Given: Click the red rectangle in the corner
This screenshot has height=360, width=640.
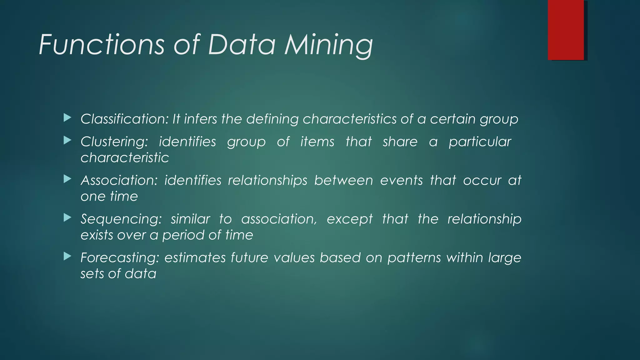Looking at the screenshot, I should point(566,30).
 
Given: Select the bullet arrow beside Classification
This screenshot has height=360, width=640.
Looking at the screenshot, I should point(67,118).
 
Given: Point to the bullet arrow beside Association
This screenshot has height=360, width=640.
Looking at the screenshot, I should point(67,179).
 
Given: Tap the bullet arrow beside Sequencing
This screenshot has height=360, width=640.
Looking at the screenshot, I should point(67,217).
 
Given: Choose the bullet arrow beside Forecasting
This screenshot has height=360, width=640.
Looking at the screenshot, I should point(67,256).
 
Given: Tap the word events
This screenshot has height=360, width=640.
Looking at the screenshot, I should point(401,181).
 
